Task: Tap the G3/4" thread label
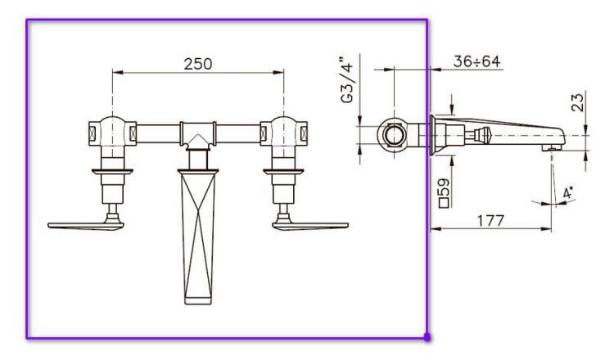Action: coord(347,80)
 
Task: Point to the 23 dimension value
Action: coord(578,101)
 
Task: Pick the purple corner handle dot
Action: coord(427,336)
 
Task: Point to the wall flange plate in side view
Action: coord(431,134)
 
